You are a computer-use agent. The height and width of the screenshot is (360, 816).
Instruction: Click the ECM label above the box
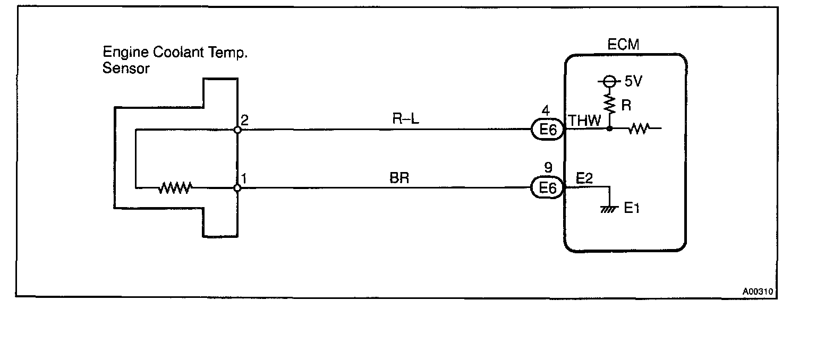tap(624, 45)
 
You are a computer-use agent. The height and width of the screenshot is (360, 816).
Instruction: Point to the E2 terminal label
tap(584, 179)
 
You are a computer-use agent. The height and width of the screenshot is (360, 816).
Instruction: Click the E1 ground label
tap(631, 209)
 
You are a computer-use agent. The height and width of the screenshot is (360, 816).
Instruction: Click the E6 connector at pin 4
tap(547, 129)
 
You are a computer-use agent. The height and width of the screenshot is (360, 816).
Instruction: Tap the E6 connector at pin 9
tap(547, 187)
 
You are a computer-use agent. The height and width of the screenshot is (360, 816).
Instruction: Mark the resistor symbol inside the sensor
tap(175, 187)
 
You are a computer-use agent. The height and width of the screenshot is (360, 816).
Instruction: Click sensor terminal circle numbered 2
tap(237, 129)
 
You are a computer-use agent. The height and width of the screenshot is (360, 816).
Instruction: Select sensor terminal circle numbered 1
tap(237, 187)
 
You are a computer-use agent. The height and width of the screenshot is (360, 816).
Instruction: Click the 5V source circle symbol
tap(609, 82)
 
